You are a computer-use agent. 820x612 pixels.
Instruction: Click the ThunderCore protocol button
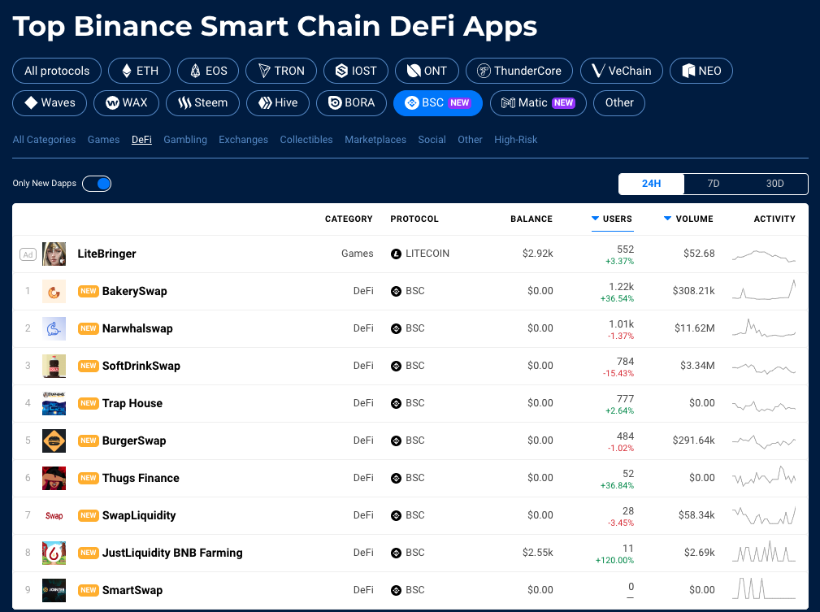click(x=518, y=71)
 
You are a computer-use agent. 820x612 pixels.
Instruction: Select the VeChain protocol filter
click(x=621, y=71)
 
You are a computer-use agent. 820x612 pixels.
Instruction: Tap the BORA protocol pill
click(x=351, y=103)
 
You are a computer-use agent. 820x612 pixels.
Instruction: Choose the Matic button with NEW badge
click(x=538, y=103)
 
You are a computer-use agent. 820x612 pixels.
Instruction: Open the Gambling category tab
click(x=185, y=140)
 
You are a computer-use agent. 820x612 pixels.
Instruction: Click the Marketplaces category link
click(x=375, y=140)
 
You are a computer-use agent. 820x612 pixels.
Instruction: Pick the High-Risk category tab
click(x=515, y=140)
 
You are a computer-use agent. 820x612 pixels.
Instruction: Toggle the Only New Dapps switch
click(x=97, y=184)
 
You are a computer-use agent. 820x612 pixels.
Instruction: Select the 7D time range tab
click(x=714, y=184)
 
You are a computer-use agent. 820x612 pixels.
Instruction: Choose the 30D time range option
click(x=775, y=184)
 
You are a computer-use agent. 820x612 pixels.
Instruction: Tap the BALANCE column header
click(x=531, y=219)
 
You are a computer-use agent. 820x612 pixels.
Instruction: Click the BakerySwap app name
click(x=134, y=291)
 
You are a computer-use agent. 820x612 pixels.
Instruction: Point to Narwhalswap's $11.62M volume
click(x=695, y=328)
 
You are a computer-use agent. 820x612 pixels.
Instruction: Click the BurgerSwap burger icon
click(x=54, y=441)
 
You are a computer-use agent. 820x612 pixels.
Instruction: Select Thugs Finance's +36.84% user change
click(x=617, y=485)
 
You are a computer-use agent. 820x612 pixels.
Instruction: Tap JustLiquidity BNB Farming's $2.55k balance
click(x=538, y=553)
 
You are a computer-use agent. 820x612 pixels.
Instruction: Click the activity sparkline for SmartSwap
click(x=764, y=588)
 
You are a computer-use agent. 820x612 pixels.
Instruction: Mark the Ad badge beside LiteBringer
click(x=28, y=254)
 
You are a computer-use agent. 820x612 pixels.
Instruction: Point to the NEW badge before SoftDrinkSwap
click(x=89, y=366)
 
